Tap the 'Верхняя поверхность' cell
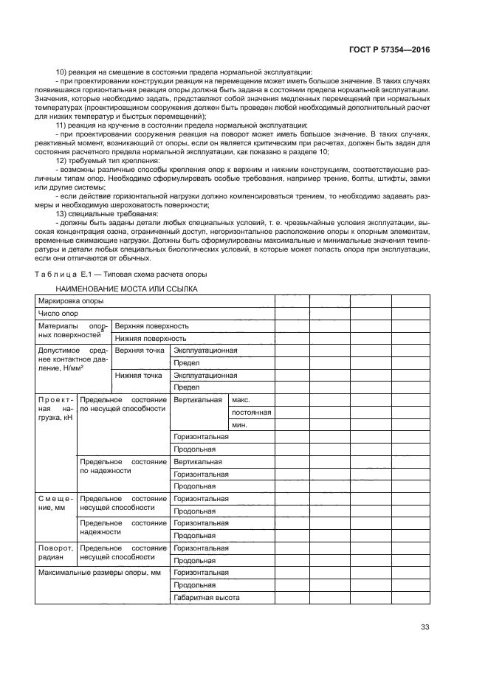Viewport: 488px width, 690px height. click(x=152, y=325)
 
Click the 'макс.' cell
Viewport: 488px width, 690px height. click(x=241, y=399)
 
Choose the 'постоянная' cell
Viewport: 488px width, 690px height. click(x=251, y=412)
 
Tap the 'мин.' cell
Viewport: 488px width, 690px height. click(x=238, y=424)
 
